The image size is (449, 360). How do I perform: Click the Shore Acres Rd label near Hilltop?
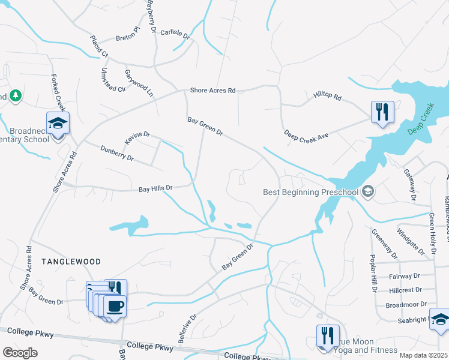pyautogui.click(x=212, y=91)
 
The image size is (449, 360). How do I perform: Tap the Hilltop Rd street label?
pyautogui.click(x=327, y=96)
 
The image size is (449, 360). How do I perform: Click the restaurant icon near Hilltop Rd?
pyautogui.click(x=382, y=112)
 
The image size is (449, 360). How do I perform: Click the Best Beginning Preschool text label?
pyautogui.click(x=310, y=192)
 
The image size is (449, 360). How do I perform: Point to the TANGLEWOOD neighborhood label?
pyautogui.click(x=71, y=262)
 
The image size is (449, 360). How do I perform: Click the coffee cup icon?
pyautogui.click(x=115, y=307)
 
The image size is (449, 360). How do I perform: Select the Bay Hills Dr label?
pyautogui.click(x=155, y=188)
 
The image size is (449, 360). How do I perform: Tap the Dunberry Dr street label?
pyautogui.click(x=116, y=153)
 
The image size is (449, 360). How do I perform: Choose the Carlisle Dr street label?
pyautogui.click(x=175, y=34)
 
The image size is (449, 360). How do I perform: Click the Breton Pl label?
pyautogui.click(x=127, y=37)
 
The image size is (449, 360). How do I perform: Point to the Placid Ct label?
pyautogui.click(x=98, y=46)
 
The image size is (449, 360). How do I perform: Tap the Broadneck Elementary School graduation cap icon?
pyautogui.click(x=58, y=123)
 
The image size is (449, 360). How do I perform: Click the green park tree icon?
pyautogui.click(x=16, y=95)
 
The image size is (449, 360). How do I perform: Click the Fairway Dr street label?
pyautogui.click(x=404, y=276)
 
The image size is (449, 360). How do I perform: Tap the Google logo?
pyautogui.click(x=20, y=353)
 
